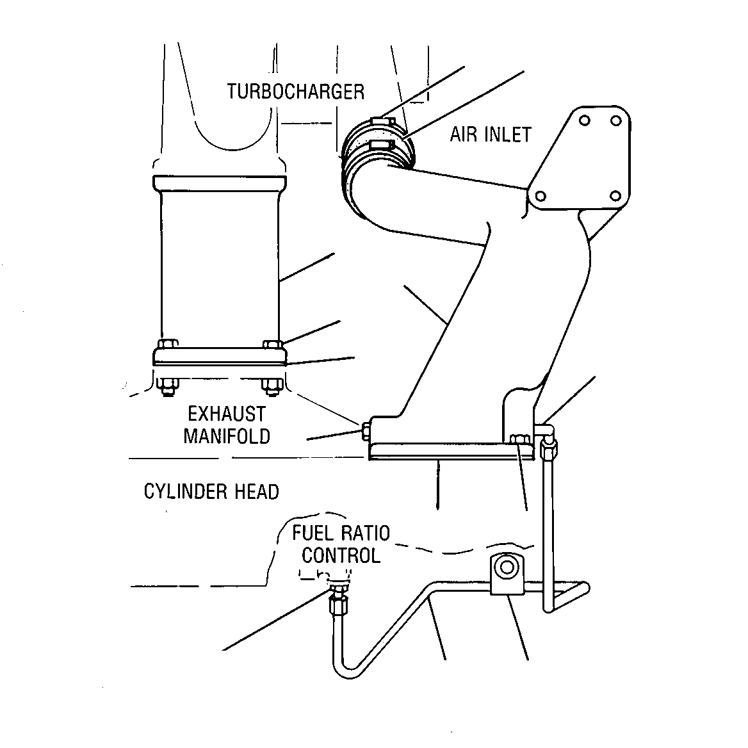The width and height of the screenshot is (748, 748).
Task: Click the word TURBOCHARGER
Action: [295, 92]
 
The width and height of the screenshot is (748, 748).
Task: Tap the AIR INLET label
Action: [491, 134]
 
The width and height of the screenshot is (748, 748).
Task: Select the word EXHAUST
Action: [227, 414]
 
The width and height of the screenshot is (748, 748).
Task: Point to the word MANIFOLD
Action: [227, 436]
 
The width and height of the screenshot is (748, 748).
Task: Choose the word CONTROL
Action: [341, 555]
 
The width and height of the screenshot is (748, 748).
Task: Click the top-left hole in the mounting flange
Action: [585, 120]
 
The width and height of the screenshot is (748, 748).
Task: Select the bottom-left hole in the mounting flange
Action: [541, 196]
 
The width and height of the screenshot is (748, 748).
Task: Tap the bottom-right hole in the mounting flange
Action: [616, 195]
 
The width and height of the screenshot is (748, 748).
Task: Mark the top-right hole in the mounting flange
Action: [616, 120]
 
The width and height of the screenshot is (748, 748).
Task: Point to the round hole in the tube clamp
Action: [506, 567]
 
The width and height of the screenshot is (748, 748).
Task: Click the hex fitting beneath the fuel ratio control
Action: [337, 605]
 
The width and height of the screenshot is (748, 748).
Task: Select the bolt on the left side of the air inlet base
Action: [366, 431]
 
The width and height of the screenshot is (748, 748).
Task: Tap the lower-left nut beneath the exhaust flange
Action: [167, 386]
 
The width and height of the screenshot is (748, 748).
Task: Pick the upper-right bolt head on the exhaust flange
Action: [273, 344]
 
